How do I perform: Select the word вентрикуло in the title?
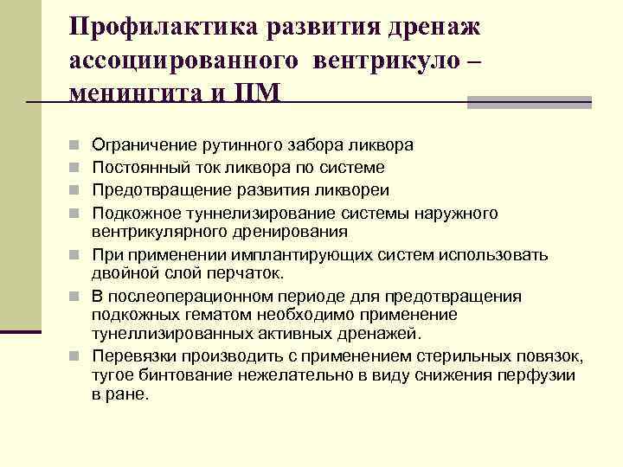click(x=388, y=60)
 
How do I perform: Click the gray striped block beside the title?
click(x=529, y=102)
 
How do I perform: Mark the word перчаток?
click(x=247, y=273)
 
